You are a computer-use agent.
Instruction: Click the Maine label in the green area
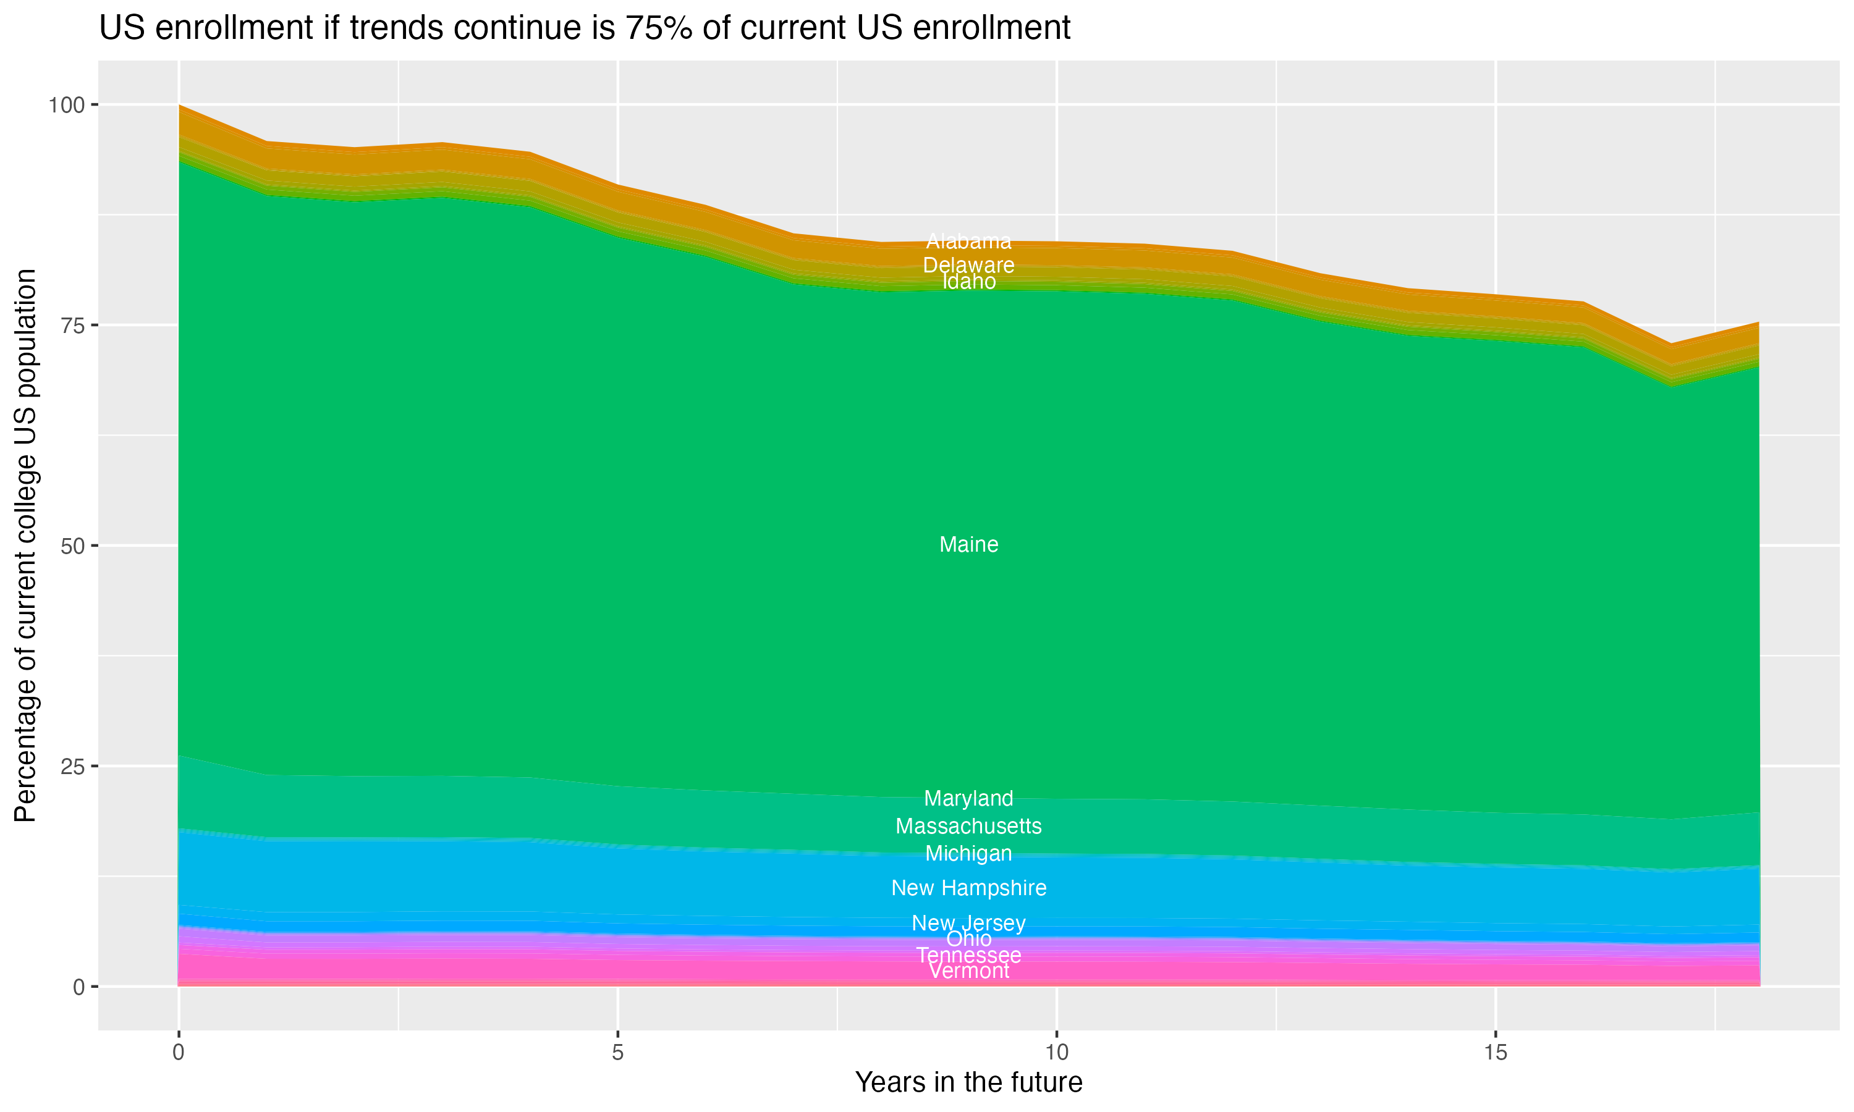pos(968,545)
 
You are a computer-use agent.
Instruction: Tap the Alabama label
pos(968,242)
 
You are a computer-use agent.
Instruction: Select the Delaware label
pos(968,265)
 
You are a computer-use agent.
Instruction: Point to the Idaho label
pos(968,282)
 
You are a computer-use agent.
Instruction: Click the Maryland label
pos(968,798)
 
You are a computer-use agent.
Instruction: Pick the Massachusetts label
pos(968,826)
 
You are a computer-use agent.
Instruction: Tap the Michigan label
pos(968,854)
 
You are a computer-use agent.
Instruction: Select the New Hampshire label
pos(968,888)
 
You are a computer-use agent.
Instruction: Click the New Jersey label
pos(968,923)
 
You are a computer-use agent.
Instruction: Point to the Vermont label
pos(968,972)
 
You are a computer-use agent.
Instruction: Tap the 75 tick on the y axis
pos(74,325)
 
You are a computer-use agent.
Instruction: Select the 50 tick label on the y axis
pos(74,545)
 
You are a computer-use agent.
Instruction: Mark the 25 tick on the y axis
pos(74,766)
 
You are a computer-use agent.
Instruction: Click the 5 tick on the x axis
pos(617,1053)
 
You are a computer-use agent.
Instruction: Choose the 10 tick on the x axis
pos(1056,1053)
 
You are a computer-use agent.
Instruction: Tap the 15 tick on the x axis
pos(1495,1053)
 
